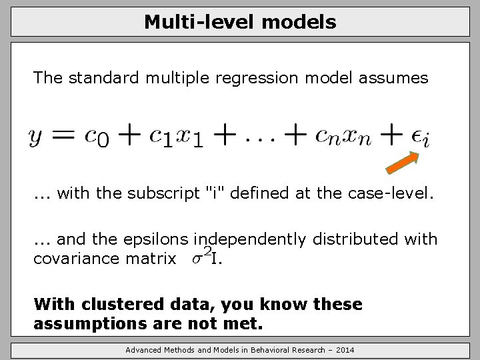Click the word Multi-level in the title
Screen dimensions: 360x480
click(200, 22)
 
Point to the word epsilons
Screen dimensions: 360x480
click(153, 239)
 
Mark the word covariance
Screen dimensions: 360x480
click(81, 258)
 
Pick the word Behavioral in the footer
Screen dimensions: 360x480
click(271, 350)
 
